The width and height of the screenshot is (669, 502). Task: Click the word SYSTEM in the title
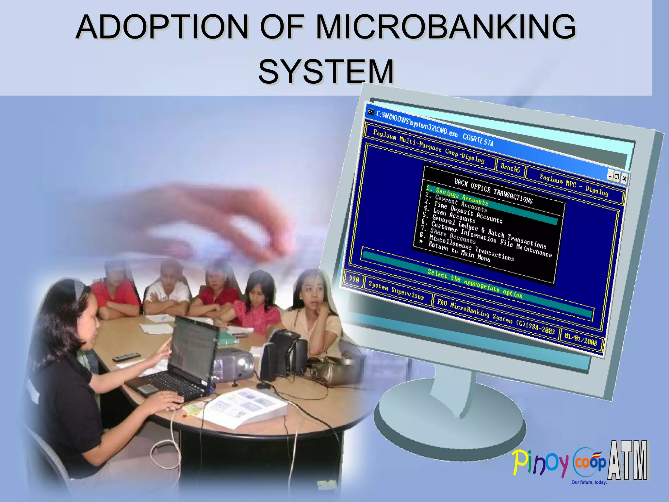326,71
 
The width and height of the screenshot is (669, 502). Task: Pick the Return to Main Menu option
459,252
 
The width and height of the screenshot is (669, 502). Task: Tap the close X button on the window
624,178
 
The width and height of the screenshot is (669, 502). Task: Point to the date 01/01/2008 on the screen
580,340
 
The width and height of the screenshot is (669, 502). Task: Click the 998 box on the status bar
354,279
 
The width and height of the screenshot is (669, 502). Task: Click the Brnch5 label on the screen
510,168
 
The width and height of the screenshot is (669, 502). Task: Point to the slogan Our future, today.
589,482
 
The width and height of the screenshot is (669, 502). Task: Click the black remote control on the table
126,357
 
